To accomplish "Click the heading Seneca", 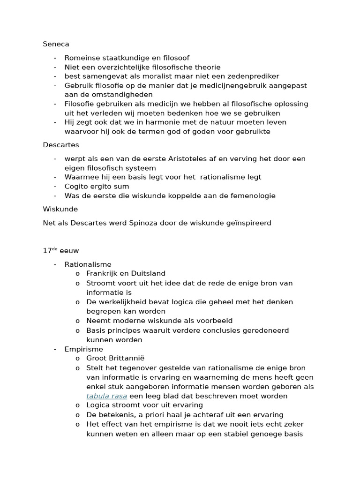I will pyautogui.click(x=56, y=44).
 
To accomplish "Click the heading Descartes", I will pyautogui.click(x=61, y=145).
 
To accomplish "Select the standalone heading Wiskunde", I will pyautogui.click(x=60, y=209).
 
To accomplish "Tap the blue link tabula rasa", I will pyautogui.click(x=106, y=396).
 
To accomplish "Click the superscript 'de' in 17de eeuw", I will pyautogui.click(x=54, y=249).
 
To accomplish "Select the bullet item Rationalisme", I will pyautogui.click(x=88, y=264).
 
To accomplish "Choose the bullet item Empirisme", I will pyautogui.click(x=83, y=349).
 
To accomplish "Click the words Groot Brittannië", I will pyautogui.click(x=115, y=359).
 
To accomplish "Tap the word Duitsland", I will pyautogui.click(x=149, y=273).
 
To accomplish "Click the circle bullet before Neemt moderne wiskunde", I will pyautogui.click(x=77, y=321).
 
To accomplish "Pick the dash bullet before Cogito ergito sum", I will pyautogui.click(x=55, y=187).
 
